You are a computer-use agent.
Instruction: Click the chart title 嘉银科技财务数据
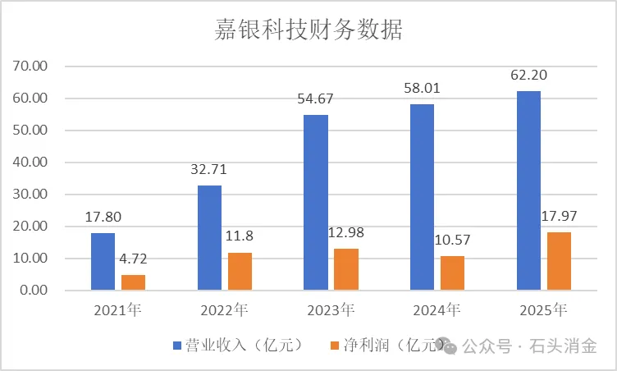[308, 30]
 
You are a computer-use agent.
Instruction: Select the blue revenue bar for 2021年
[103, 261]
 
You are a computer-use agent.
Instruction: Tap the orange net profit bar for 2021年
[133, 282]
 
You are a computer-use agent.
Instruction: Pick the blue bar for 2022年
[209, 237]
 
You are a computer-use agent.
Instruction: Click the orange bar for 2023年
[346, 269]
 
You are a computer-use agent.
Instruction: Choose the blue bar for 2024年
[422, 197]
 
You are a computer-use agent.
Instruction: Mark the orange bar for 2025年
[559, 261]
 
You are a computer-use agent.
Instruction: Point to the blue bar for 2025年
[528, 190]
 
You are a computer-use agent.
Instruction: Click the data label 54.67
[316, 99]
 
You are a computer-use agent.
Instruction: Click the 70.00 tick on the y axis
[33, 66]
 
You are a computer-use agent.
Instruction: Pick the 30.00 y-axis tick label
[33, 195]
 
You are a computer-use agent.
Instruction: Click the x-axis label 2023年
[331, 310]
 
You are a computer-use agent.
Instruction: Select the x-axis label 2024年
[436, 310]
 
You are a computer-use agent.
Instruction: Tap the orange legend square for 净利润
[335, 346]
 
